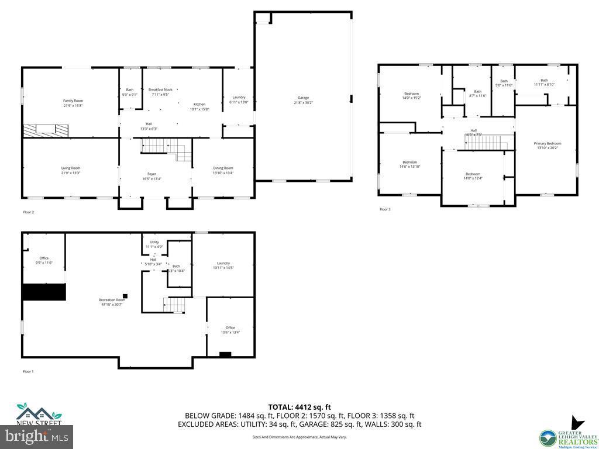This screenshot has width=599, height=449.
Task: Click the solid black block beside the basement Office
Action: [44, 292]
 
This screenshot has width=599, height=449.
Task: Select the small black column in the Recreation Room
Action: [125, 295]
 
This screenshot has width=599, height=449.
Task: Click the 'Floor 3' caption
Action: [385, 209]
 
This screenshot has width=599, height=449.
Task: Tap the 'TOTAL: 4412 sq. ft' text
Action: [299, 407]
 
